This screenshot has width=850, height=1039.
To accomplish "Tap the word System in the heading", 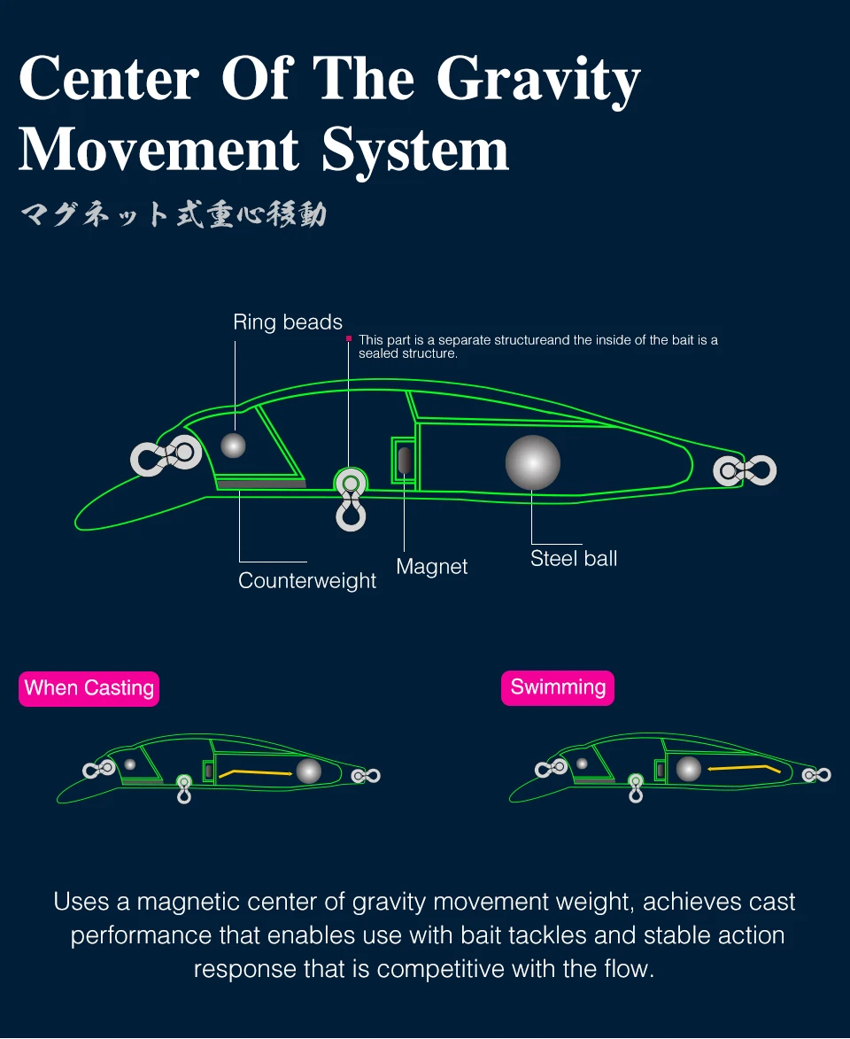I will tap(415, 150).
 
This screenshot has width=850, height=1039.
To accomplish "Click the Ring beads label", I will tap(288, 322).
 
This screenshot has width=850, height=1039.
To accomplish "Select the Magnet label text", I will tap(431, 567).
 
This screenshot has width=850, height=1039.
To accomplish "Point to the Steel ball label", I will tap(574, 558).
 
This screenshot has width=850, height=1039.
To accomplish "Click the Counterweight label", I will tap(307, 581).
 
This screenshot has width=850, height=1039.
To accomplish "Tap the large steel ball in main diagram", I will tap(533, 462).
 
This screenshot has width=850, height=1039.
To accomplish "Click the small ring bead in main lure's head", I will tap(233, 445).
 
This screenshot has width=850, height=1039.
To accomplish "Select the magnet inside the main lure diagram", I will tap(405, 461).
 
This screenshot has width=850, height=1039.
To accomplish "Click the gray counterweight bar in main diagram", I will tap(261, 484).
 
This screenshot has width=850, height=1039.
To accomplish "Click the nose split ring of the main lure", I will tap(166, 455).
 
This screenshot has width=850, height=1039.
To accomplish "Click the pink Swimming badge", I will tap(558, 688).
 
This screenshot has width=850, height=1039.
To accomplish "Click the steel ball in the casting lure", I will tap(308, 771).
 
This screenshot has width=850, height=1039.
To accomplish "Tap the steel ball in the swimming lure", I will tap(688, 768).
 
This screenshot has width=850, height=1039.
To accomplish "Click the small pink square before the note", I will tap(350, 338).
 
